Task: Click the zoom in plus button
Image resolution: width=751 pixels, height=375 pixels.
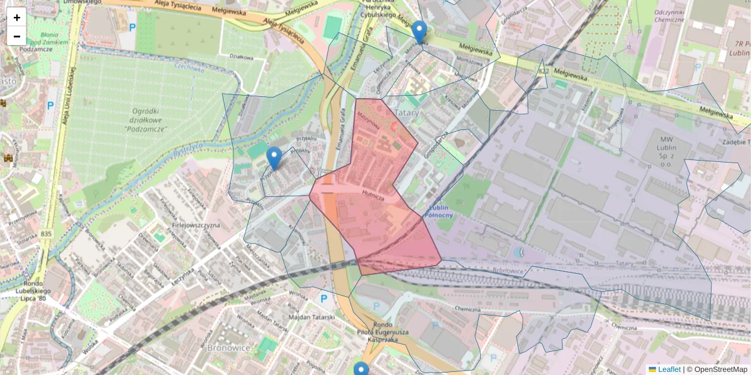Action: [x=17, y=17]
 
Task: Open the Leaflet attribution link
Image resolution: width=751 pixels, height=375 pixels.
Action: [x=668, y=369]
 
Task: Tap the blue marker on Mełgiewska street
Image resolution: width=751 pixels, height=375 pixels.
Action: [x=419, y=31]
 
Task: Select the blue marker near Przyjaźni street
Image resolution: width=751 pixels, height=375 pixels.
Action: [x=273, y=157]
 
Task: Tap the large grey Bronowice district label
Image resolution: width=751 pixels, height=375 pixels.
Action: [x=228, y=347]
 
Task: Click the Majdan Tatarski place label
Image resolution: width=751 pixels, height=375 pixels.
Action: [x=312, y=317]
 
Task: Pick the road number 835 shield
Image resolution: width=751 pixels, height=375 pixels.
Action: [x=45, y=233]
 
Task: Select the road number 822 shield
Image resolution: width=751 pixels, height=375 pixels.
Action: [x=543, y=73]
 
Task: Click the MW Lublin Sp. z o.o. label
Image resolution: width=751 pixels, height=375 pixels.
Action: [x=673, y=146]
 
